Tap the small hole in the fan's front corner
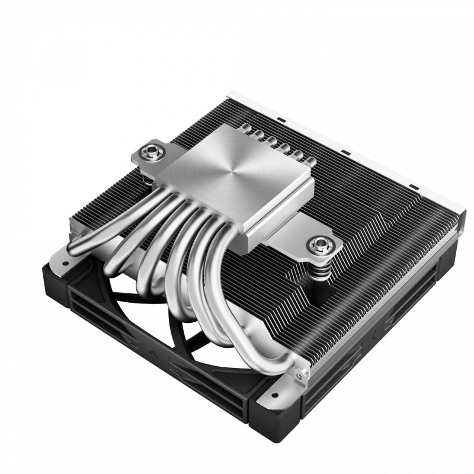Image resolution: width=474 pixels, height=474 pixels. (274, 393)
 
